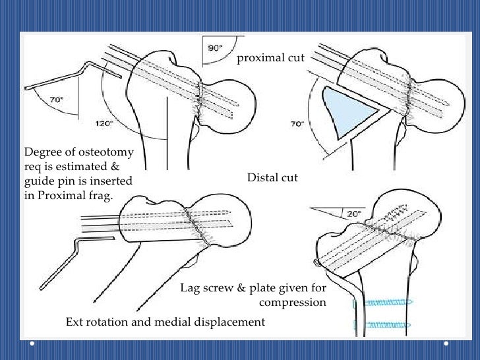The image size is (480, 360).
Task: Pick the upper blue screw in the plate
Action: [x=383, y=301]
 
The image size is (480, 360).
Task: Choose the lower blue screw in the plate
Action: [x=383, y=324]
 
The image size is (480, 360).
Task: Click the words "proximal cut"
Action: [x=270, y=58]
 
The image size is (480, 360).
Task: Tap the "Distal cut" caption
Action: [x=272, y=177]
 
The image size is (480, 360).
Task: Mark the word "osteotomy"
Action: [x=105, y=152]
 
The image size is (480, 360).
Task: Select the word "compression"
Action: [x=292, y=302]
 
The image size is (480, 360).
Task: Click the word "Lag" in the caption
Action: [x=191, y=288]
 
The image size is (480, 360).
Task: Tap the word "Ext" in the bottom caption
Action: [x=75, y=322]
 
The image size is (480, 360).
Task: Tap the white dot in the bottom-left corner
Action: [x=32, y=344]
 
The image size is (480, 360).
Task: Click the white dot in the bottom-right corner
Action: [x=447, y=344]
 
